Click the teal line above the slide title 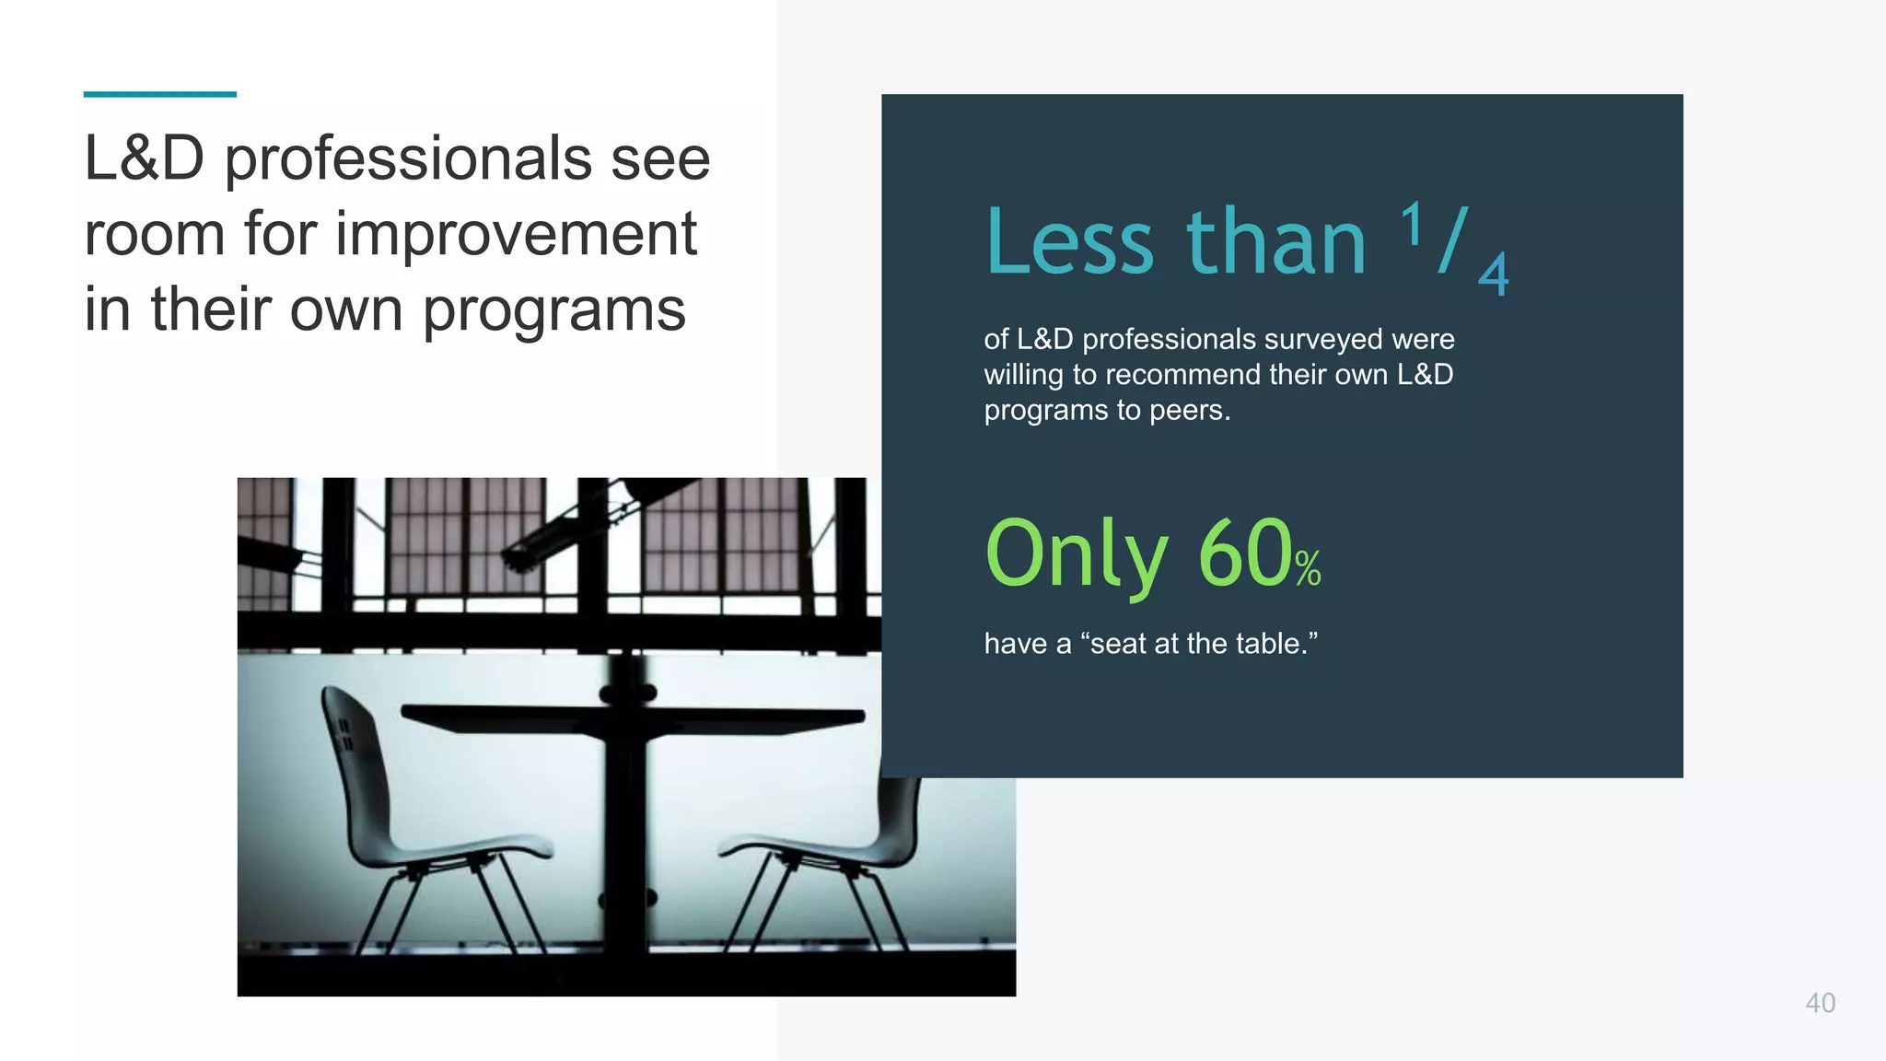[159, 94]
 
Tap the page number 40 [1820, 1003]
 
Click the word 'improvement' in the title [516, 234]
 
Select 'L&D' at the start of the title [144, 158]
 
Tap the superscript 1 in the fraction [1411, 224]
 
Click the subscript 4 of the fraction [1493, 274]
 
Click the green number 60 [1245, 553]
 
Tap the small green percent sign [1308, 568]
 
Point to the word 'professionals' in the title [408, 158]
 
